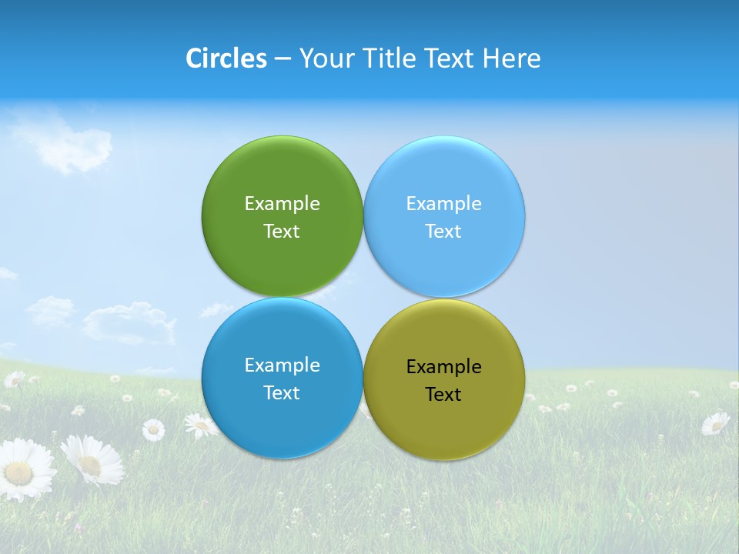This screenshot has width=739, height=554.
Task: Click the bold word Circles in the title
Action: coord(226,58)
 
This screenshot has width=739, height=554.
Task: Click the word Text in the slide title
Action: coord(450,58)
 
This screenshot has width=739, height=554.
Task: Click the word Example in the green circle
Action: coord(282,204)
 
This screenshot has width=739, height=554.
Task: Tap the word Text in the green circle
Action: coord(282,232)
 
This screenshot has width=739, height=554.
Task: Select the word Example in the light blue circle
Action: coord(444,204)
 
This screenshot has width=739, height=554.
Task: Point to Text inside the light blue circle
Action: coord(444,232)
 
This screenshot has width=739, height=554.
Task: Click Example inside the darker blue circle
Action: coord(282,365)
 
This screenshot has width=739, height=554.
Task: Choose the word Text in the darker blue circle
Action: coord(282,393)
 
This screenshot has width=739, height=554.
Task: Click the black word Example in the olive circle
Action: coord(444,367)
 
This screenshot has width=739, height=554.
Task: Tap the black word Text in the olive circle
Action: coord(444,395)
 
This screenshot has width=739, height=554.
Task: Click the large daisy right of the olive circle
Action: coord(715,422)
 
